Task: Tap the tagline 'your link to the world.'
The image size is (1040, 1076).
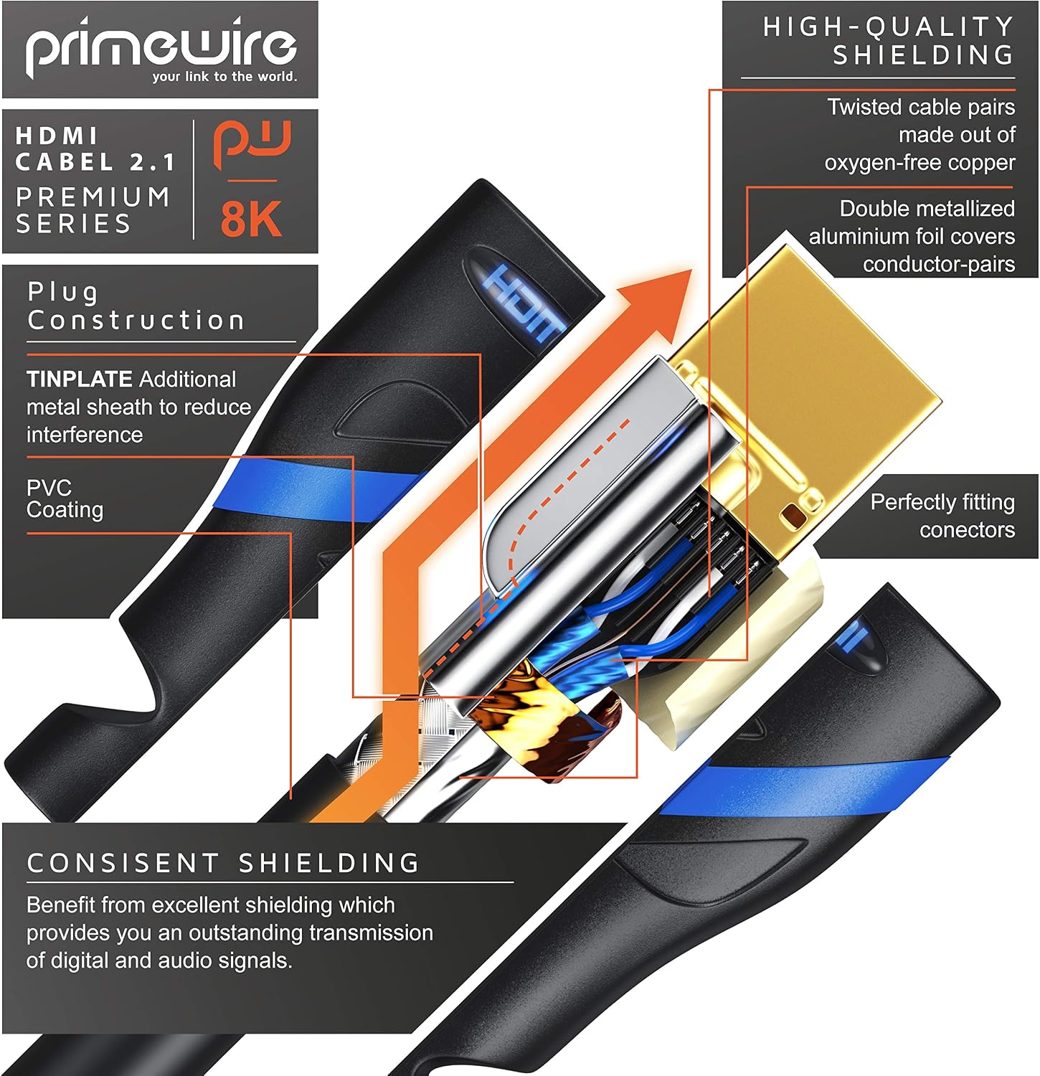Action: click(x=224, y=77)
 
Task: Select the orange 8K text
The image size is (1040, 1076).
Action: click(x=251, y=219)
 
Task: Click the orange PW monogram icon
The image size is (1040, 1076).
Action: click(x=252, y=145)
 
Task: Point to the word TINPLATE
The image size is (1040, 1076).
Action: click(x=80, y=379)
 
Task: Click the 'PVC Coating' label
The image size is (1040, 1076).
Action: click(x=65, y=499)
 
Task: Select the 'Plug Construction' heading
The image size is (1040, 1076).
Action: click(x=136, y=306)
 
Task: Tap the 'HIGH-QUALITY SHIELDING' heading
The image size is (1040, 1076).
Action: click(x=889, y=41)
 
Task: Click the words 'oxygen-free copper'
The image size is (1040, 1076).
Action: click(x=920, y=163)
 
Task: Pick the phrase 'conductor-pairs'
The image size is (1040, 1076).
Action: click(x=939, y=265)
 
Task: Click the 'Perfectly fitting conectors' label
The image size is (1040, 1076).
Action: click(x=943, y=516)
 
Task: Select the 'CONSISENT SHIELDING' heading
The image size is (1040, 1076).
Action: click(x=223, y=863)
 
